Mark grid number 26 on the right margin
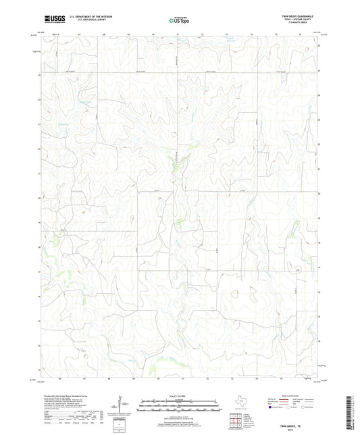[319, 46]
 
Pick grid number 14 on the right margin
[319, 342]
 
